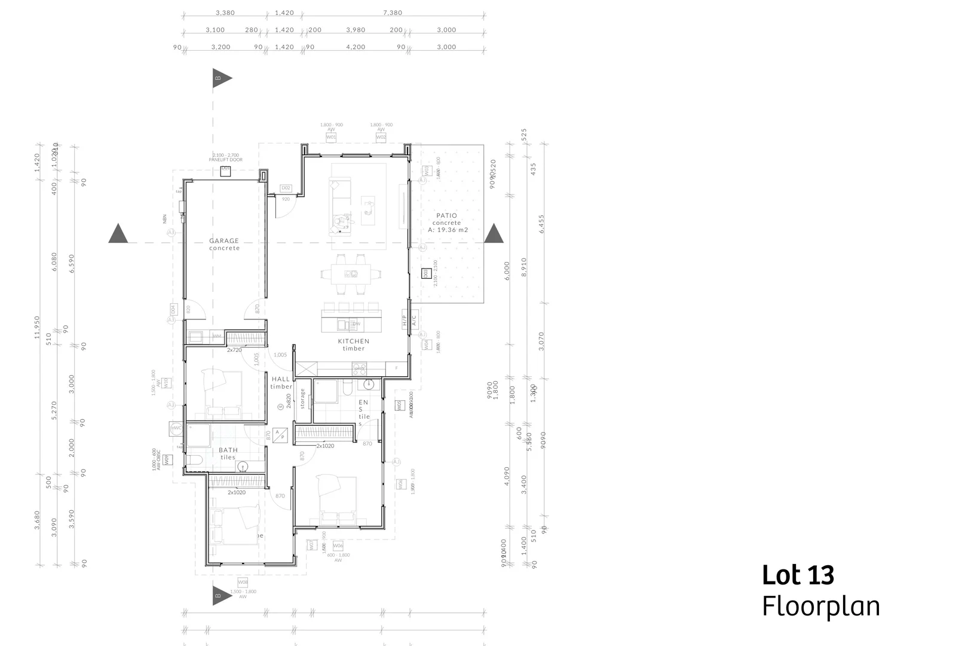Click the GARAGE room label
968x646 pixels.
(x=224, y=241)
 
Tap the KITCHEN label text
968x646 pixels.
(x=354, y=342)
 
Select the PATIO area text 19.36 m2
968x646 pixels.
(x=448, y=230)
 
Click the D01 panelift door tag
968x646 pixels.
(x=226, y=170)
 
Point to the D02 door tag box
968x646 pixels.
(x=286, y=188)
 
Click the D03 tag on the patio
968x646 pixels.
(x=425, y=273)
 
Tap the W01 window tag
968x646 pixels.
(x=331, y=138)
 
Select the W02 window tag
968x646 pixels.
(x=381, y=138)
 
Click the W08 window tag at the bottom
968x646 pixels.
(x=243, y=583)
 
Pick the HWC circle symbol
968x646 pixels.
(x=176, y=428)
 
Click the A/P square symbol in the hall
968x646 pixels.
(x=279, y=434)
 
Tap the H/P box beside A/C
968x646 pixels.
(x=405, y=321)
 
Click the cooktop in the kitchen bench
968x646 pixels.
(x=360, y=369)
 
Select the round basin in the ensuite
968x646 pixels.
(x=369, y=385)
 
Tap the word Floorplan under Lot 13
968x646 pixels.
(x=820, y=606)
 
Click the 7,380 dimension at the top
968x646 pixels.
(x=393, y=13)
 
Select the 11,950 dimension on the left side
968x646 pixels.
(x=37, y=328)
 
